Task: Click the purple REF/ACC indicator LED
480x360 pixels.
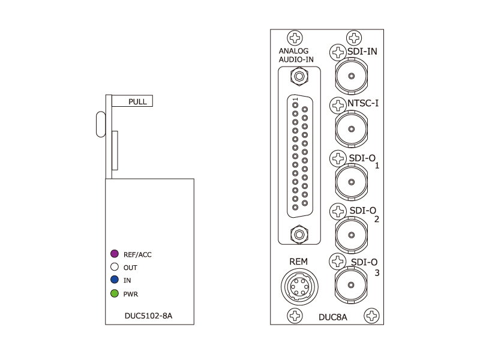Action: (115, 254)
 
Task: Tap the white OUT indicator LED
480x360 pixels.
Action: (115, 268)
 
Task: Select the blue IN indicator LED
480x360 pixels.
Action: (115, 280)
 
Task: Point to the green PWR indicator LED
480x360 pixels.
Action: (115, 293)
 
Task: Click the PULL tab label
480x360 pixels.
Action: (137, 101)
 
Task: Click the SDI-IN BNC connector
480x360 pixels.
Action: (350, 76)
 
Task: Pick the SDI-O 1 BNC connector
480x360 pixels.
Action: (350, 181)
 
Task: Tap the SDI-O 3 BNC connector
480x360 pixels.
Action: (350, 284)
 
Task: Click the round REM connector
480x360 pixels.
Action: (298, 286)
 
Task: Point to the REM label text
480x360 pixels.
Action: (298, 261)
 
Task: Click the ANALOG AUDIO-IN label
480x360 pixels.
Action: (296, 55)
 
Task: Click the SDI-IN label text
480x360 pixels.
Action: (362, 52)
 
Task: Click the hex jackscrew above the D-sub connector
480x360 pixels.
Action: (298, 76)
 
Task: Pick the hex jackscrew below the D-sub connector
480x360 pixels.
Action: (298, 233)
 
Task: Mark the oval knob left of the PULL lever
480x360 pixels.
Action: (99, 123)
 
